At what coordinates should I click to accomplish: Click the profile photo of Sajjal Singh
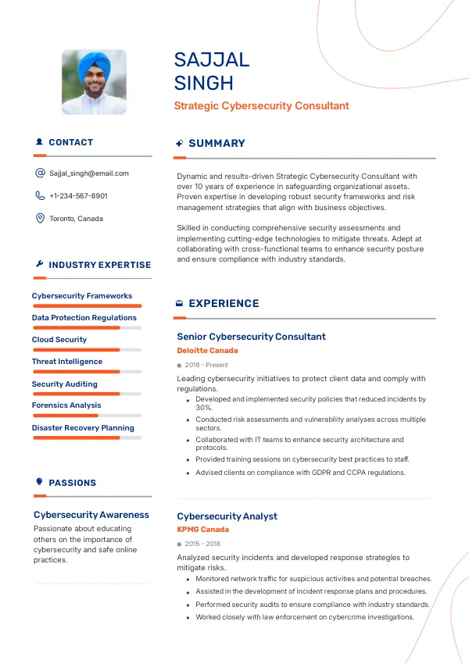pyautogui.click(x=94, y=82)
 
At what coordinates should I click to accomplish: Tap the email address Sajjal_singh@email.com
pyautogui.click(x=88, y=173)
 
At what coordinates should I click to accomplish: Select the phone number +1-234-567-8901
pyautogui.click(x=78, y=196)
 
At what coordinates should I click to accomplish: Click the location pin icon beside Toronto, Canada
pyautogui.click(x=40, y=219)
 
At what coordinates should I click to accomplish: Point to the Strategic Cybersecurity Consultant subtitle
pyautogui.click(x=261, y=106)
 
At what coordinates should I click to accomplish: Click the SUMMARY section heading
pyautogui.click(x=217, y=144)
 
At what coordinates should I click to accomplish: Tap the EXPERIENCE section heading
pyautogui.click(x=224, y=304)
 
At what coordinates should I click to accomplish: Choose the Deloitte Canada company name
pyautogui.click(x=207, y=351)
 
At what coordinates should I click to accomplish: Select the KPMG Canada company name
pyautogui.click(x=202, y=530)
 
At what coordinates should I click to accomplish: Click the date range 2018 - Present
pyautogui.click(x=206, y=365)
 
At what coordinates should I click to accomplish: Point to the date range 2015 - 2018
pyautogui.click(x=202, y=544)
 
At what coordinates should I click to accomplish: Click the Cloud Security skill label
pyautogui.click(x=59, y=340)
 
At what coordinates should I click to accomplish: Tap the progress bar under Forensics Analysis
pyautogui.click(x=87, y=416)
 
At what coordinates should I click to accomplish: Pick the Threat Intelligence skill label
pyautogui.click(x=67, y=362)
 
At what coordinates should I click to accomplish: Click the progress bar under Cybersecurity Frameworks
pyautogui.click(x=87, y=305)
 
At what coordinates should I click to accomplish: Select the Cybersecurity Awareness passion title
pyautogui.click(x=91, y=515)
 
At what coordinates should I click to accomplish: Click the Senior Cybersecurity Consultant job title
pyautogui.click(x=251, y=337)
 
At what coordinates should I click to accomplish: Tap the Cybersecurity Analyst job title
pyautogui.click(x=227, y=516)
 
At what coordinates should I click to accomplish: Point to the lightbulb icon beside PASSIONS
pyautogui.click(x=39, y=482)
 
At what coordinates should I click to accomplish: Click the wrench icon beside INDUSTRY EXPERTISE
pyautogui.click(x=39, y=264)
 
